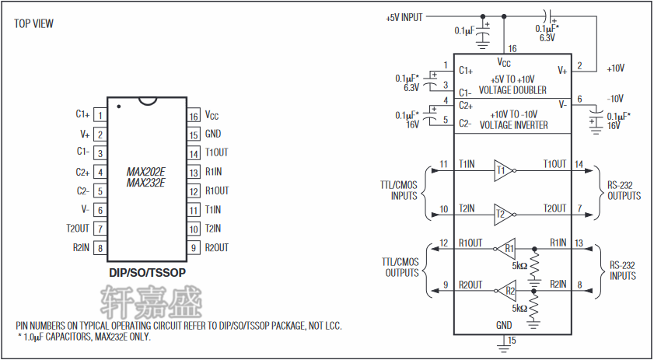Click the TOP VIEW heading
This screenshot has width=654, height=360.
click(33, 23)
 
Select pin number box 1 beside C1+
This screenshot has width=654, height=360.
click(100, 115)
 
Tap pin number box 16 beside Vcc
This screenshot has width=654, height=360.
click(194, 116)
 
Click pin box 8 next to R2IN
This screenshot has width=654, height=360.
click(100, 248)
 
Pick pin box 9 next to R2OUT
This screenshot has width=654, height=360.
click(194, 248)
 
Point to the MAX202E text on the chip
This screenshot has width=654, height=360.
click(146, 172)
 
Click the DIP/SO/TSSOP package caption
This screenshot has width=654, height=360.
click(147, 274)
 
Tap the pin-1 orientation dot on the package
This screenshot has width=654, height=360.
click(118, 106)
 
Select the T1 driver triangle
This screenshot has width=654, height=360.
click(502, 170)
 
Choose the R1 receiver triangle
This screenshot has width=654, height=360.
click(508, 249)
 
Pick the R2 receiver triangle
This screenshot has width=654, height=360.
click(508, 292)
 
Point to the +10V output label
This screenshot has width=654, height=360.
click(615, 68)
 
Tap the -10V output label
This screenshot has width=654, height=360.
click(615, 99)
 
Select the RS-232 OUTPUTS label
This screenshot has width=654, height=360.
click(624, 190)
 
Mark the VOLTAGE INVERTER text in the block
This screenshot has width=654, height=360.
click(513, 125)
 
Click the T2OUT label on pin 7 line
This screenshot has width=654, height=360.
click(554, 208)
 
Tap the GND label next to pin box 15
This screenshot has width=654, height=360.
click(213, 135)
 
